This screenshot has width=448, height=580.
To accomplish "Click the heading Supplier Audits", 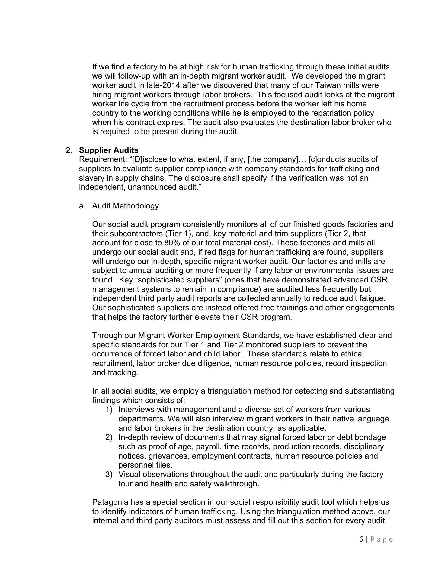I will click(109, 150).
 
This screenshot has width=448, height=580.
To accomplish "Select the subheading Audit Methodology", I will click(125, 206).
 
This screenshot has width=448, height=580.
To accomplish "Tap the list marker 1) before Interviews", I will click(109, 410).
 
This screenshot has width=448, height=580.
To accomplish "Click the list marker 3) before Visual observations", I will click(109, 474).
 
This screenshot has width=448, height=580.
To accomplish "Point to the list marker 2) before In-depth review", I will click(109, 437).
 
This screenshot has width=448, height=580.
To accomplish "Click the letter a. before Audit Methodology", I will click(82, 206).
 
